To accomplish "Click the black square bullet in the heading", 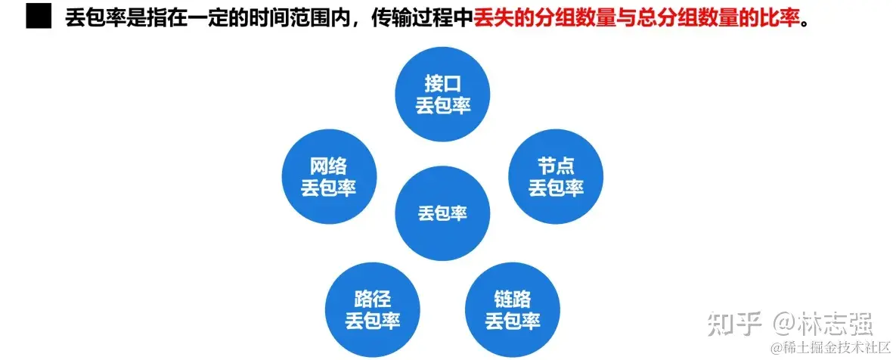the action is click(39, 16).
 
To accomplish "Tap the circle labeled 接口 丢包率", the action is click(443, 95).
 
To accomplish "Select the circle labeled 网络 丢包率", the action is click(328, 177).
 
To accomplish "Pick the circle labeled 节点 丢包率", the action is click(556, 177).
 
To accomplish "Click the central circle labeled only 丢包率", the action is click(443, 213).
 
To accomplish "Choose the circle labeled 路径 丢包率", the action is click(372, 309).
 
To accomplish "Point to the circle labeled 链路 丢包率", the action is click(513, 309).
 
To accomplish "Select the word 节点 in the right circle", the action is click(556, 166).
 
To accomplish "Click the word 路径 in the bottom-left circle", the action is click(372, 298).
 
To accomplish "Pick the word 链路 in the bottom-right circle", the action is click(513, 298).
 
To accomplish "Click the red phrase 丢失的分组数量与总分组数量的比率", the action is click(636, 16).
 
